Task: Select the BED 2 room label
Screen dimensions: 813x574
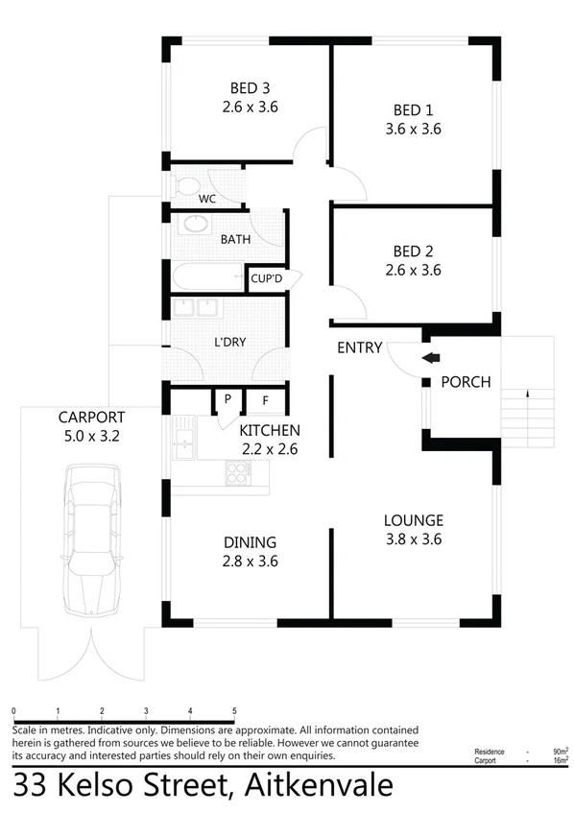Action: [x=418, y=251]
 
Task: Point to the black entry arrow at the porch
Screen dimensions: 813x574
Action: [x=430, y=358]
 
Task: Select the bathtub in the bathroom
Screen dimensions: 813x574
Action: [x=207, y=276]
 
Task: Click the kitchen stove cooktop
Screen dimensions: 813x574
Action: [x=238, y=470]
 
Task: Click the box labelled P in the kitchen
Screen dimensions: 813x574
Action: [x=227, y=399]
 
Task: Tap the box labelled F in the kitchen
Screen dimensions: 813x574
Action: [x=265, y=399]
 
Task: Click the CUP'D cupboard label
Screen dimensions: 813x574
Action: [x=265, y=279]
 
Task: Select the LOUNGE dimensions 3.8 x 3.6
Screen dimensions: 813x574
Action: [x=413, y=539]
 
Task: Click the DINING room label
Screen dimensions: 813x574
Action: [x=250, y=541]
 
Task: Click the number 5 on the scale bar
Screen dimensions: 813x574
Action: [x=234, y=711]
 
